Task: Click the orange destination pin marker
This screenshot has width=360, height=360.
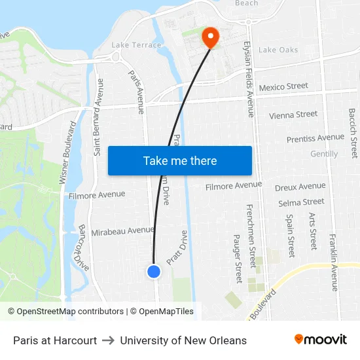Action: pos(210,37)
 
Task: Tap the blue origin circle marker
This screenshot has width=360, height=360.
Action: pos(154,271)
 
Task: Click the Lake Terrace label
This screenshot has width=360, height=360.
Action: pos(136,45)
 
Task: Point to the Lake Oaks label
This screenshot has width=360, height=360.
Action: pos(278,50)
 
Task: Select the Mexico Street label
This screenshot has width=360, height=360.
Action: pos(283,86)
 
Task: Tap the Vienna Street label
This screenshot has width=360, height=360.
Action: pos(293,115)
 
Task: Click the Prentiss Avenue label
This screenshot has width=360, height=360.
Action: pos(315,138)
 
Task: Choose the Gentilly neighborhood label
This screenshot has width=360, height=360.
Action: pos(324,154)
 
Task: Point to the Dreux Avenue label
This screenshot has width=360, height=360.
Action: pos(300,187)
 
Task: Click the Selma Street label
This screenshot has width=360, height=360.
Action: pos(301,203)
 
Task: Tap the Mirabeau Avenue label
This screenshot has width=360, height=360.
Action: pos(122,230)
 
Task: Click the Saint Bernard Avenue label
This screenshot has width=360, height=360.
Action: pos(99,117)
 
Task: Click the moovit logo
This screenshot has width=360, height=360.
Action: pos(321,340)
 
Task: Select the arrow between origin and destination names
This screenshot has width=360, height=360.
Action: pos(109,340)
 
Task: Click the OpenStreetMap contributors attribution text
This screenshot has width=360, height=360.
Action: pos(65,312)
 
